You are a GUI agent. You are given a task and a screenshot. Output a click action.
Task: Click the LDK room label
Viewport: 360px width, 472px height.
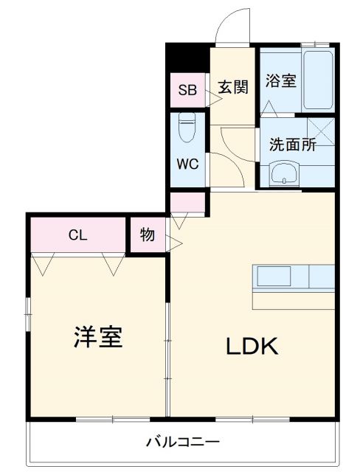coord(251,345)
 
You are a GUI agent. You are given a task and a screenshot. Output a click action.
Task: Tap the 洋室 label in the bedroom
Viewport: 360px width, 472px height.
coord(97,337)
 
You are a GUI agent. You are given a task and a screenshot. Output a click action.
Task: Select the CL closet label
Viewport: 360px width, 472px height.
coord(77,235)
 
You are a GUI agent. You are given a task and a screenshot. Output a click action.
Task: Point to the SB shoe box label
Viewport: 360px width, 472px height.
coord(187,91)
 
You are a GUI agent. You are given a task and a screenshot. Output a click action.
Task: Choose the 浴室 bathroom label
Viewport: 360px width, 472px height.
coord(281,80)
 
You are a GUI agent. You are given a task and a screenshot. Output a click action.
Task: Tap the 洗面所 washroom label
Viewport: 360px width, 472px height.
coord(291,145)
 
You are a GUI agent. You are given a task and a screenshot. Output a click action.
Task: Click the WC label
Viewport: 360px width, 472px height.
coord(187,164)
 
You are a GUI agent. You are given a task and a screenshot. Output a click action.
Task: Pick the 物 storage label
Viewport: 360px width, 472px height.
coord(147,235)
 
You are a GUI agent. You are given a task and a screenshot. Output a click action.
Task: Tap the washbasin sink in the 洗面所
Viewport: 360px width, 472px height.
coord(284,175)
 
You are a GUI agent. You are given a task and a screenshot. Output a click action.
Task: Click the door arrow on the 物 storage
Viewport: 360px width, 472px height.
coord(174,240)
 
